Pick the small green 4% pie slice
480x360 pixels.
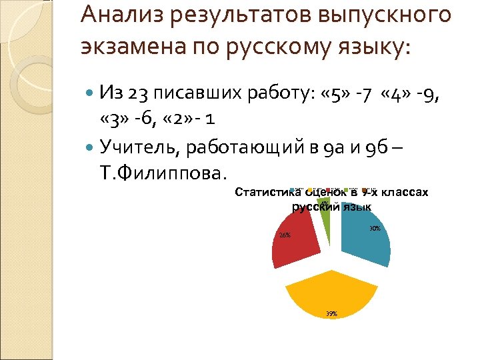pos(325,211)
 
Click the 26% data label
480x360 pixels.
pos(285,235)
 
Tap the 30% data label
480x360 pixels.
pos(375,229)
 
